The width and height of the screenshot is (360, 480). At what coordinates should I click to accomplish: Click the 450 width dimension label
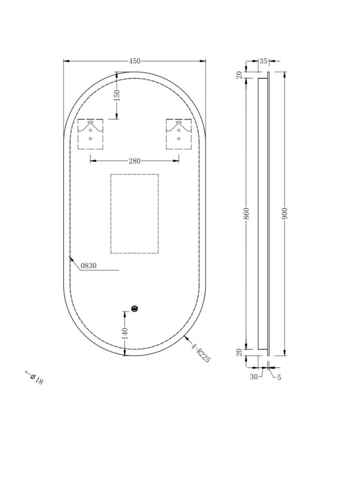pos(134,61)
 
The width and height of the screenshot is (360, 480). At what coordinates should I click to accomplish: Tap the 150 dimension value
pos(117,95)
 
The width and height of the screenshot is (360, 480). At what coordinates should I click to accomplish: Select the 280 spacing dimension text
pos(134,161)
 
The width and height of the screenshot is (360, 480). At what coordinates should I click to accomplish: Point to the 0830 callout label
pos(88,266)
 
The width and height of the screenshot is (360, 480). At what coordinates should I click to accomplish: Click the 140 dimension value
pos(124,333)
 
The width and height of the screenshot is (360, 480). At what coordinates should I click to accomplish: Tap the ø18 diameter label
pos(37,379)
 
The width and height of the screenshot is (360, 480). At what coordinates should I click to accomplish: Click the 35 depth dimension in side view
pos(263,61)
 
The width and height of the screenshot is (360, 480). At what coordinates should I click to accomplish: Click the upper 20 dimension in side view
pos(239,75)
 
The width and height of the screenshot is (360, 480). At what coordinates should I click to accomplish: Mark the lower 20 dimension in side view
pos(239,352)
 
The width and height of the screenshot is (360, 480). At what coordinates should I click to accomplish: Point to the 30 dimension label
pos(254,377)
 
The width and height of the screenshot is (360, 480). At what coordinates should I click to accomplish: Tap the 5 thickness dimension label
pos(279,377)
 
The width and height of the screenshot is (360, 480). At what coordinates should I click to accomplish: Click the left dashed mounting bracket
pos(90,134)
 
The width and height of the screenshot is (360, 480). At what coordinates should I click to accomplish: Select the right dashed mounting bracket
pos(178,134)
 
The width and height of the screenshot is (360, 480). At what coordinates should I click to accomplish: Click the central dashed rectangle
pos(134,213)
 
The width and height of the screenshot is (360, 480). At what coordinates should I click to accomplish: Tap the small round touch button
pos(135,309)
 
